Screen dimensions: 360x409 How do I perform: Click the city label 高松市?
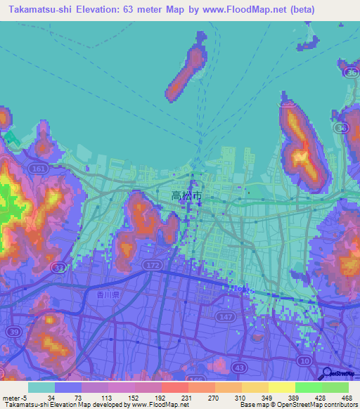click(187, 195)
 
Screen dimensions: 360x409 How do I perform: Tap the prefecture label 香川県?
click(109, 295)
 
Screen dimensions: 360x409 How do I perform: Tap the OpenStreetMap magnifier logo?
click(327, 374)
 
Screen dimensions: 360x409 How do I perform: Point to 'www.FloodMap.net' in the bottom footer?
click(155, 405)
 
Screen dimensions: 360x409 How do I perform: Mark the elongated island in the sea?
click(186, 69)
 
